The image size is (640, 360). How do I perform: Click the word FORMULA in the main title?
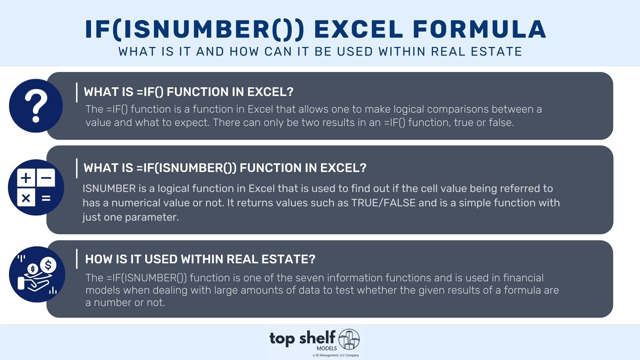479,29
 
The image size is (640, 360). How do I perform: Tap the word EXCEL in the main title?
358,29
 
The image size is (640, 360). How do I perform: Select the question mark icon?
36,106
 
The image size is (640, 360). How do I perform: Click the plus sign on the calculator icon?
26,178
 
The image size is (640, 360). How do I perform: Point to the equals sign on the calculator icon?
46,198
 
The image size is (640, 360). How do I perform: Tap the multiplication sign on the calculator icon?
26,198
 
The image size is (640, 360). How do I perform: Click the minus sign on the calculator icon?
46,178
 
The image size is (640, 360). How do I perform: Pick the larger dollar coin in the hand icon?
48,266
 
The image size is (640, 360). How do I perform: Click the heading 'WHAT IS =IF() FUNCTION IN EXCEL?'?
189,92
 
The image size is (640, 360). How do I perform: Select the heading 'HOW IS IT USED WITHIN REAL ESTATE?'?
200,259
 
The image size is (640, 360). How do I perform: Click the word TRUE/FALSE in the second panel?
383,203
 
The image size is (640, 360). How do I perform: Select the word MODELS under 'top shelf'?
327,348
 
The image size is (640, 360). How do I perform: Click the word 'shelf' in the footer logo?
317,338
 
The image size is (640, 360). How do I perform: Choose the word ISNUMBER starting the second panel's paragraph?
109,189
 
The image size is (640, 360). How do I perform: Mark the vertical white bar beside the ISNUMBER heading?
77,168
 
